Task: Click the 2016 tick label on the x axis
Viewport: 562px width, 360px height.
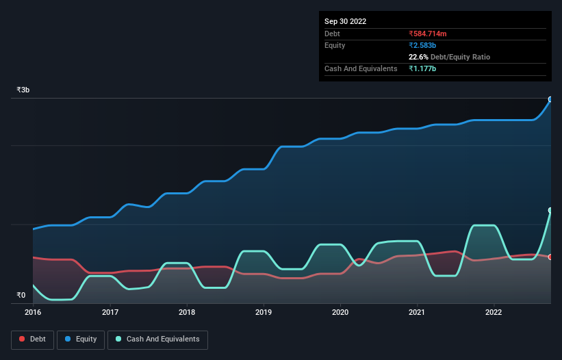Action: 33,312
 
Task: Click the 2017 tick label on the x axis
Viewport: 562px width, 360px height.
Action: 110,312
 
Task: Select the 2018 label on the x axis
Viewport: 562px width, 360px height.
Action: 187,312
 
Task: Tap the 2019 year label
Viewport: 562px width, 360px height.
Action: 264,312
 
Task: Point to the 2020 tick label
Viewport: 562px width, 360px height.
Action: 340,312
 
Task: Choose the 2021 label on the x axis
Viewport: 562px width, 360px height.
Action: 417,312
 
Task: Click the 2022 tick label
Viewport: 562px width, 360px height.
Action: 494,312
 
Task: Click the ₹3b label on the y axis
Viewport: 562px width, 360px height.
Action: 23,90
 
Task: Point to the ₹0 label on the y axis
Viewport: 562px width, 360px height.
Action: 21,295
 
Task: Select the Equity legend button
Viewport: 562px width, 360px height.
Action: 81,339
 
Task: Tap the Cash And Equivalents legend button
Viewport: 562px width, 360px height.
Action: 157,339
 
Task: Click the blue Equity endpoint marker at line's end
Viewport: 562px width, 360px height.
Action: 550,99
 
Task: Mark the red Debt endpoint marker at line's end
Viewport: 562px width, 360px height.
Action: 550,257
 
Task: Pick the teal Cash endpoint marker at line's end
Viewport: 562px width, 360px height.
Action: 550,211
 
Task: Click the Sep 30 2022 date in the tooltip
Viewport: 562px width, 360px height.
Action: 346,21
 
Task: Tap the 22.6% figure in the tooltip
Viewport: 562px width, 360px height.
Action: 418,57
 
